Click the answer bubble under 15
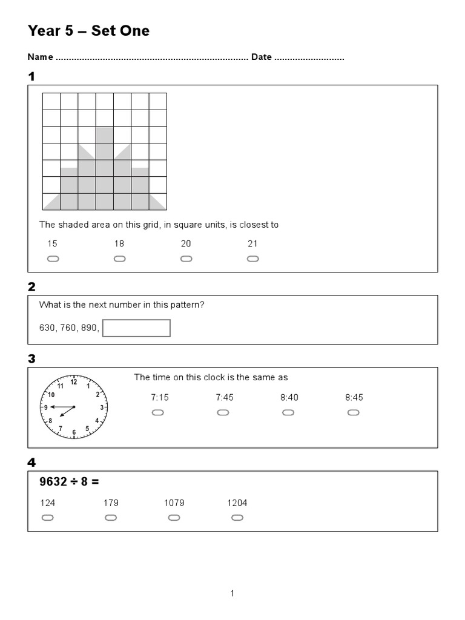53,259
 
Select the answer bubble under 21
252,259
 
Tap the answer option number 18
119,243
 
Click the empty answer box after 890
136,328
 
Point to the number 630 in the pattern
47,328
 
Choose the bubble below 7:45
223,413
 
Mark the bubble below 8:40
288,413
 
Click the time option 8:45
354,398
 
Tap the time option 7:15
159,398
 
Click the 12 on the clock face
74,382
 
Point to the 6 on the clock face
74,432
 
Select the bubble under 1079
174,518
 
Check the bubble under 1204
237,518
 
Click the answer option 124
47,503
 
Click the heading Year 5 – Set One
88,31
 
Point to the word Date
262,58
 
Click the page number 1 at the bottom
232,594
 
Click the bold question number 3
31,359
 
